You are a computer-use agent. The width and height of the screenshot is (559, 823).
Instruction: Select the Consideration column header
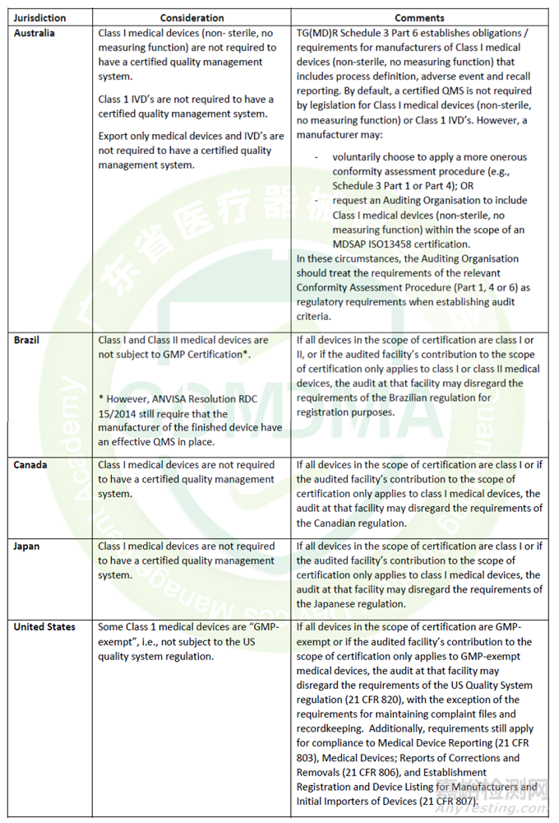pos(192,17)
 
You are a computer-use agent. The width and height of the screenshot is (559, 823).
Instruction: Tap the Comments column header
pos(419,17)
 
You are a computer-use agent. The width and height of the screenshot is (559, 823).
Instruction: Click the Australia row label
pos(35,33)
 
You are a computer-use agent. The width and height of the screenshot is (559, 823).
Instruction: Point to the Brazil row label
pos(26,339)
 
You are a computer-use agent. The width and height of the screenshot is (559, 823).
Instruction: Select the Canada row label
pos(30,465)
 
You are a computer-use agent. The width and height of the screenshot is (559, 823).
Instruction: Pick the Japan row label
pos(26,546)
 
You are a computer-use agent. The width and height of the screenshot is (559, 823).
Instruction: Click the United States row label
pos(44,627)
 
